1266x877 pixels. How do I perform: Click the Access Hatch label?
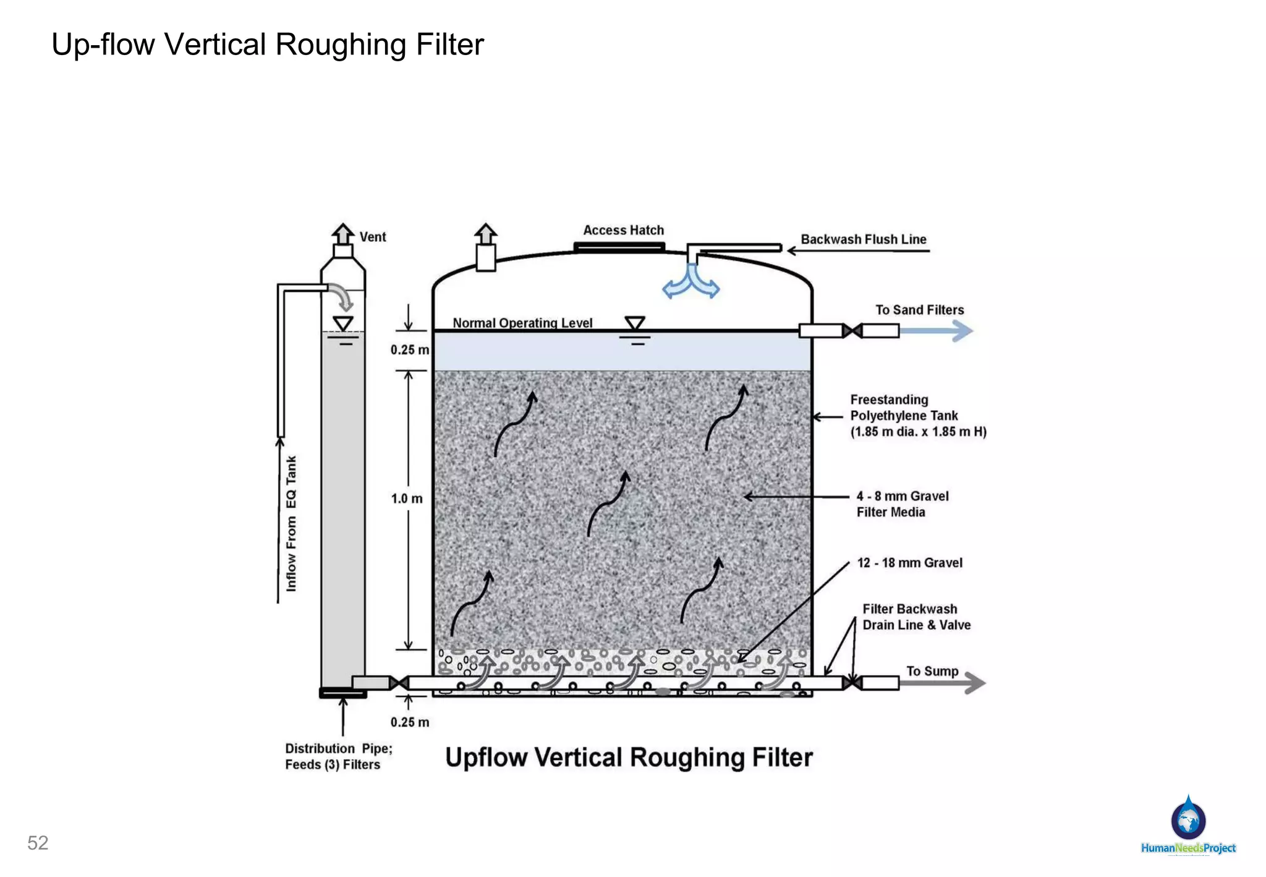[x=623, y=230]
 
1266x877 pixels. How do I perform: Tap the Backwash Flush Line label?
[x=863, y=239]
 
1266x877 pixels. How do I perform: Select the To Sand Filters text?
[x=919, y=310]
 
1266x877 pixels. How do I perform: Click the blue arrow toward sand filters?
[x=937, y=331]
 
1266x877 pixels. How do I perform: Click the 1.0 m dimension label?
[x=406, y=498]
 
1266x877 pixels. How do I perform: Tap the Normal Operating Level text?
[x=522, y=323]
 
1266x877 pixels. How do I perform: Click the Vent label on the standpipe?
[x=373, y=237]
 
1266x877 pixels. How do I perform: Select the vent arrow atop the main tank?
[x=486, y=234]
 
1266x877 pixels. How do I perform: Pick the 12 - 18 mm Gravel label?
[x=909, y=563]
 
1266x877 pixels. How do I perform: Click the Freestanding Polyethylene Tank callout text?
[x=917, y=416]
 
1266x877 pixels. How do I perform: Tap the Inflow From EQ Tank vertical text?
[x=291, y=523]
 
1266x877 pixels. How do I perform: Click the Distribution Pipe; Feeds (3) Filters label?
[x=338, y=756]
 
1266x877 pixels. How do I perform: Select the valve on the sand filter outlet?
[x=852, y=331]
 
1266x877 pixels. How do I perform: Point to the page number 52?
[x=38, y=843]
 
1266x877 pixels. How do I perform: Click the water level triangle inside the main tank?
[x=635, y=323]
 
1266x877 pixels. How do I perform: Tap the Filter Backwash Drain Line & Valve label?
[x=916, y=617]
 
